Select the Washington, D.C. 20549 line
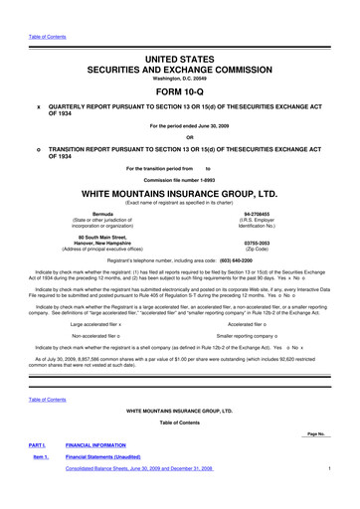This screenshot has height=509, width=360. [x=179, y=64]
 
